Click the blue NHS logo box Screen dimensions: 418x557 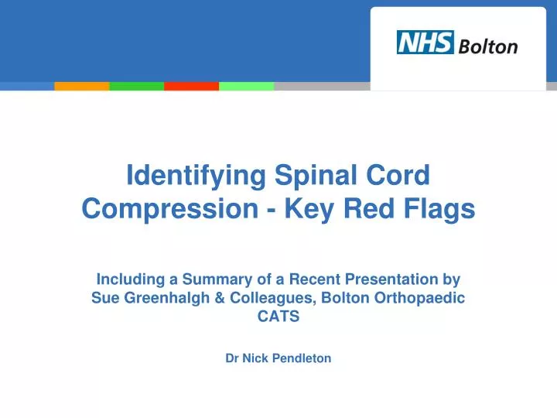pos(425,43)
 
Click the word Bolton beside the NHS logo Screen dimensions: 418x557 pos(488,46)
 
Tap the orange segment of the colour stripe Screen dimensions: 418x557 pos(82,86)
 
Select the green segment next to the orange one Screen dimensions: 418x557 pos(137,86)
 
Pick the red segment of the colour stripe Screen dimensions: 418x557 pos(191,86)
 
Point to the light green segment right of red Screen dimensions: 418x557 pos(246,86)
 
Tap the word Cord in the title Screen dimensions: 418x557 pos(400,176)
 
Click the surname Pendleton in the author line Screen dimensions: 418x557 pos(299,358)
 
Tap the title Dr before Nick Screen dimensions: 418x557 pos(232,358)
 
